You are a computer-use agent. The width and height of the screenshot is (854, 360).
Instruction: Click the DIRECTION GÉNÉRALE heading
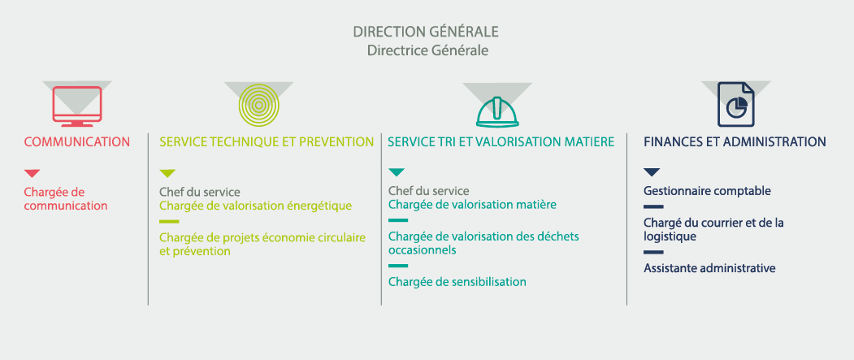coord(426,32)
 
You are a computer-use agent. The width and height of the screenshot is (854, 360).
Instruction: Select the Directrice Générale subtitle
coord(427,50)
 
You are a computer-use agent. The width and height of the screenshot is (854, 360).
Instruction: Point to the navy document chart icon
coord(736,105)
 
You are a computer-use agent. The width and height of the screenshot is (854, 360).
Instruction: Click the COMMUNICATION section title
coord(77,142)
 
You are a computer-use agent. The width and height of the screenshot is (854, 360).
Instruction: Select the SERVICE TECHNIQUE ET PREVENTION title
coord(267,142)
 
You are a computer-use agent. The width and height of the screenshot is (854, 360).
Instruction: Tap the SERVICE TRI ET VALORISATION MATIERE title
coord(501,142)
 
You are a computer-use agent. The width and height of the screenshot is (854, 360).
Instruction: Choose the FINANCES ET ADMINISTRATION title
coord(735,142)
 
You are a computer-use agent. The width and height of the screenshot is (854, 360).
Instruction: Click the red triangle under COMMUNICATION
coord(33,174)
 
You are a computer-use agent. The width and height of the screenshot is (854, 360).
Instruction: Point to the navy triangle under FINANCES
coord(652,172)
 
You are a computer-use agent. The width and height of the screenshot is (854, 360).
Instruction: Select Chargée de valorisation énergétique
coord(255,206)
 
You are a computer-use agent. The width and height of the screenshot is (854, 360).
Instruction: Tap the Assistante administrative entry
coord(709,268)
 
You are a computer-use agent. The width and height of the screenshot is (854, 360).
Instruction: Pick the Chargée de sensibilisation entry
coord(457,282)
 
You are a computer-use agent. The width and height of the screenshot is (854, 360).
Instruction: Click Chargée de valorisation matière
coord(472,206)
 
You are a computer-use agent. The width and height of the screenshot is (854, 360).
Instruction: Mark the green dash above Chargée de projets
coord(169,222)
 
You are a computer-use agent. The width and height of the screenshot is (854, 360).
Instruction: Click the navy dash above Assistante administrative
coord(653,252)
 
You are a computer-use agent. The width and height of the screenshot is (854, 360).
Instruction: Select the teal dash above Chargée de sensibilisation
coord(398,266)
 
